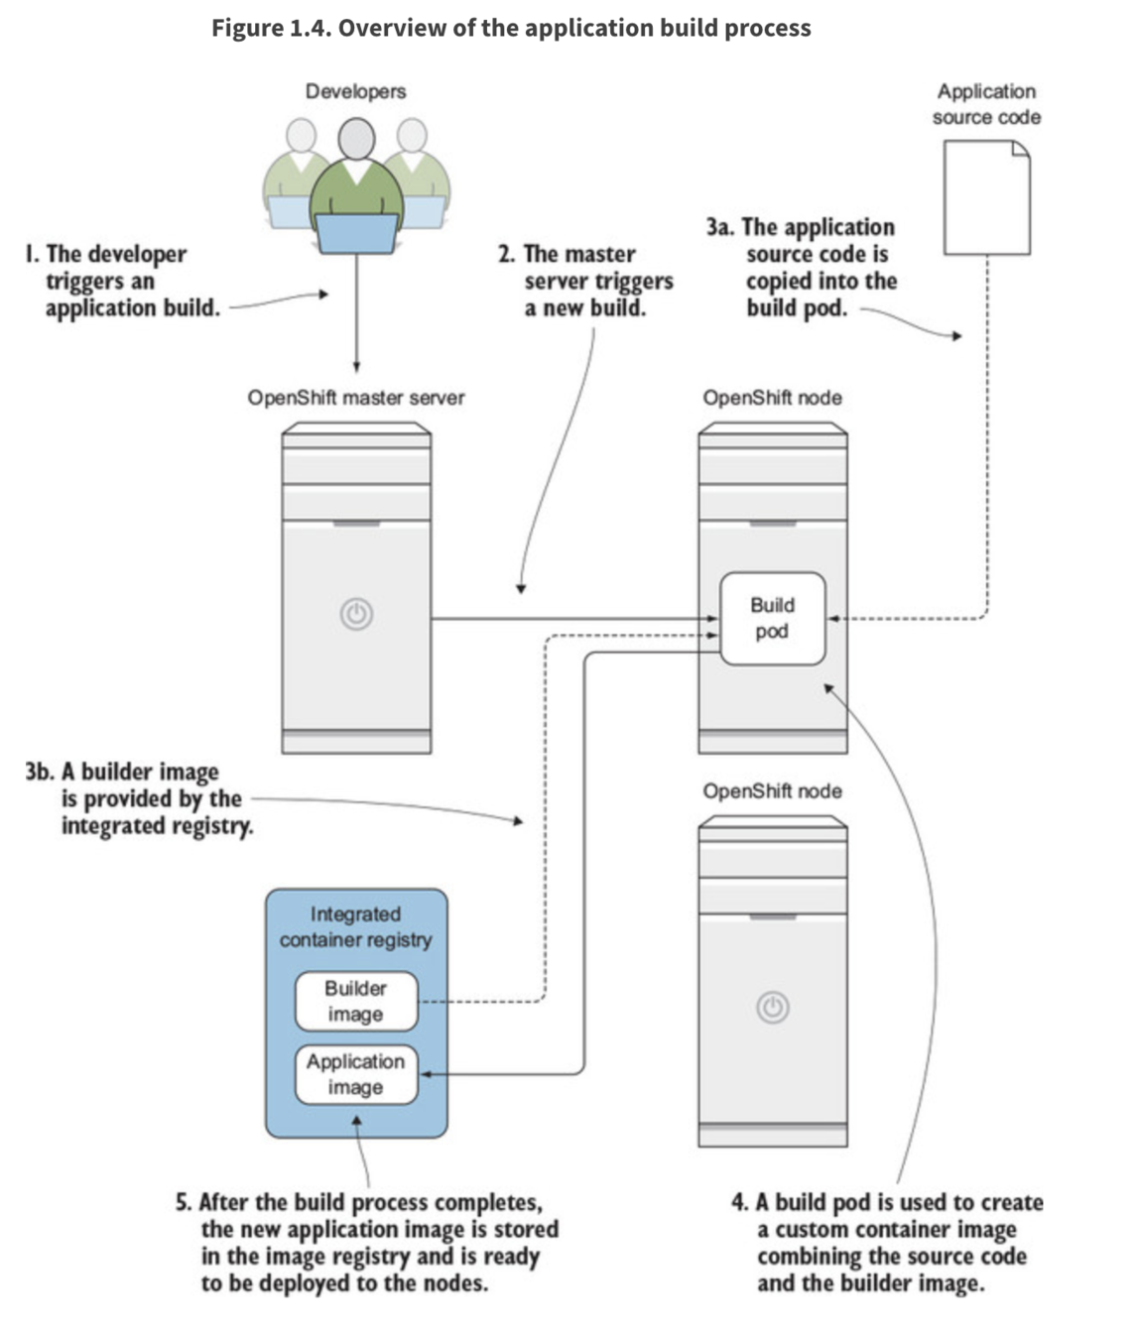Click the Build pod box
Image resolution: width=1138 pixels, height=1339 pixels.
tap(773, 619)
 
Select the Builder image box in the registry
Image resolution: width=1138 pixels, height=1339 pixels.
tap(356, 1001)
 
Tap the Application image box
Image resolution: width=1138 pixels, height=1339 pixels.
tap(356, 1074)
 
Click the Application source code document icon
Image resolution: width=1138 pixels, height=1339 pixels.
tap(987, 197)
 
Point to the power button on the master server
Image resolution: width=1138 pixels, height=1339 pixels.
tap(356, 614)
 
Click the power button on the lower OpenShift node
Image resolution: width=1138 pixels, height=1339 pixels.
tap(773, 1008)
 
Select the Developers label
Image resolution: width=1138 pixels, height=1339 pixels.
tap(356, 91)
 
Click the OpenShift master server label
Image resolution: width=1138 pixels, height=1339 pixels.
tap(356, 397)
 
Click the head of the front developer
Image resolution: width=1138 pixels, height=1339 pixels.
tap(356, 139)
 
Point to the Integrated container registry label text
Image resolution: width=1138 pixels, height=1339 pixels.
tap(356, 927)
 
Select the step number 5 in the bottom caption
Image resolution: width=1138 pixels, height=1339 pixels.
tap(184, 1202)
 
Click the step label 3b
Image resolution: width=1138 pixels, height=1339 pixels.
tap(40, 772)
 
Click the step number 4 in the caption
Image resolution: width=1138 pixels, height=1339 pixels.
tap(739, 1202)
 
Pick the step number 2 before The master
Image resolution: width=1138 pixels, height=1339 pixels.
tap(506, 254)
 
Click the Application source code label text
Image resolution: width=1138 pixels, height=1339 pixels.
tap(986, 104)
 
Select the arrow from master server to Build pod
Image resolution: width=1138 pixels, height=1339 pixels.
tap(575, 619)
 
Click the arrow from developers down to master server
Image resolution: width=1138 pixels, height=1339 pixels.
tap(356, 312)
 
